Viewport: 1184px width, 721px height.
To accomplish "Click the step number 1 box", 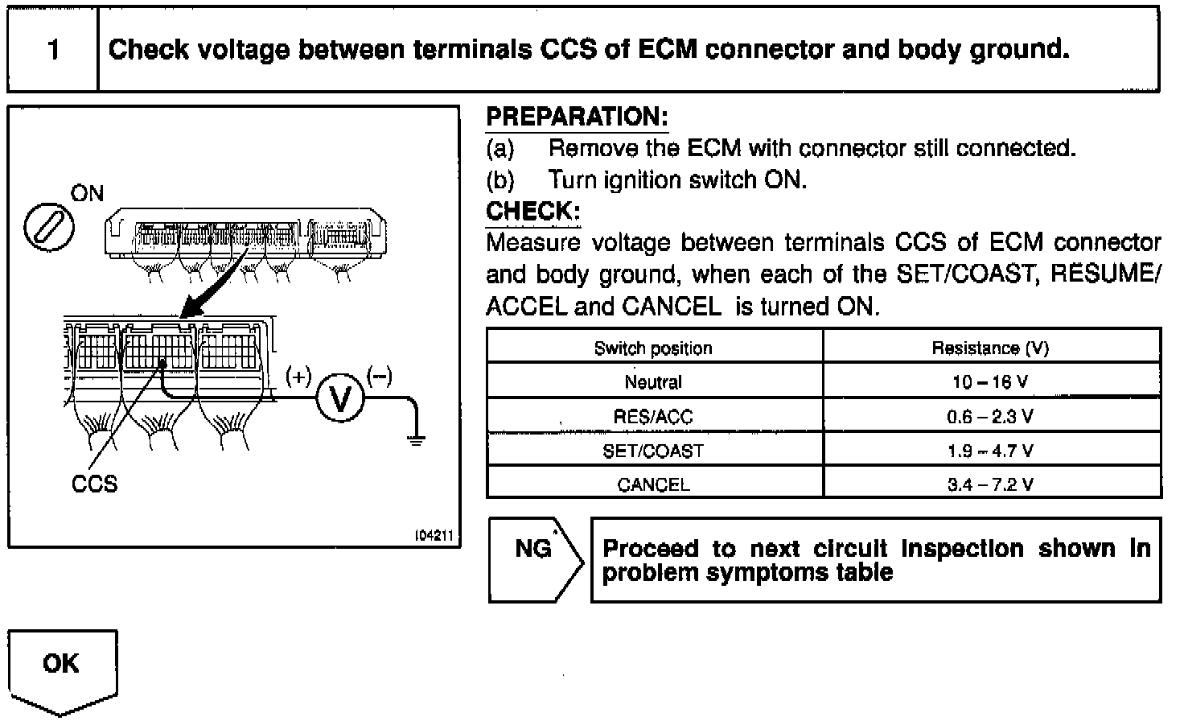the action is pos(53,50).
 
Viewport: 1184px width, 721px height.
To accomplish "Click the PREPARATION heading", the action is pos(577,117).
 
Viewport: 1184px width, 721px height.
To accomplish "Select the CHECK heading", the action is pos(532,212).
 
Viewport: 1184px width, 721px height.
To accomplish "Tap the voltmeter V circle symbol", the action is pos(340,398).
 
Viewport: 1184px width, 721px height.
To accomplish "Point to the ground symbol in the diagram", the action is pos(415,439).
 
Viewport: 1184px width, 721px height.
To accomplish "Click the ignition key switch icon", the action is pos(49,228).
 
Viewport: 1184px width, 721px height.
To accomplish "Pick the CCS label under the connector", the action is pos(94,484).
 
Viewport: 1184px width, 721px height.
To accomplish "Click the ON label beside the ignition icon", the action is pos(87,193).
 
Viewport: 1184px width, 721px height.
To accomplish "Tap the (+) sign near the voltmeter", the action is pos(298,376).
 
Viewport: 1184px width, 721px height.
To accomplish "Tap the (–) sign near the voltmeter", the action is pos(380,376).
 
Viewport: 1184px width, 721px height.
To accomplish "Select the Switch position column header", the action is pos(653,348).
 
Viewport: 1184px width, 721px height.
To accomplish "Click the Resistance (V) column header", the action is pos(990,348).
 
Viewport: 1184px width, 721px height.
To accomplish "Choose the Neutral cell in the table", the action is pos(653,382).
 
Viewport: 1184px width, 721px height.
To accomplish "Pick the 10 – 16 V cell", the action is pos(990,382).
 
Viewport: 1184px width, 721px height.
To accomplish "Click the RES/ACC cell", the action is pos(653,417).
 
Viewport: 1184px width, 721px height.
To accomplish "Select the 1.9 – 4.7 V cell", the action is pos(990,451).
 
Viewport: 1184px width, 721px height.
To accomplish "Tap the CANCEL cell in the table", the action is pos(653,484).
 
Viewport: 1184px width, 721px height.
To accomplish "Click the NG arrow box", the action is pos(534,559).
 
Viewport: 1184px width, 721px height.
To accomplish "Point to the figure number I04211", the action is pos(435,535).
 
